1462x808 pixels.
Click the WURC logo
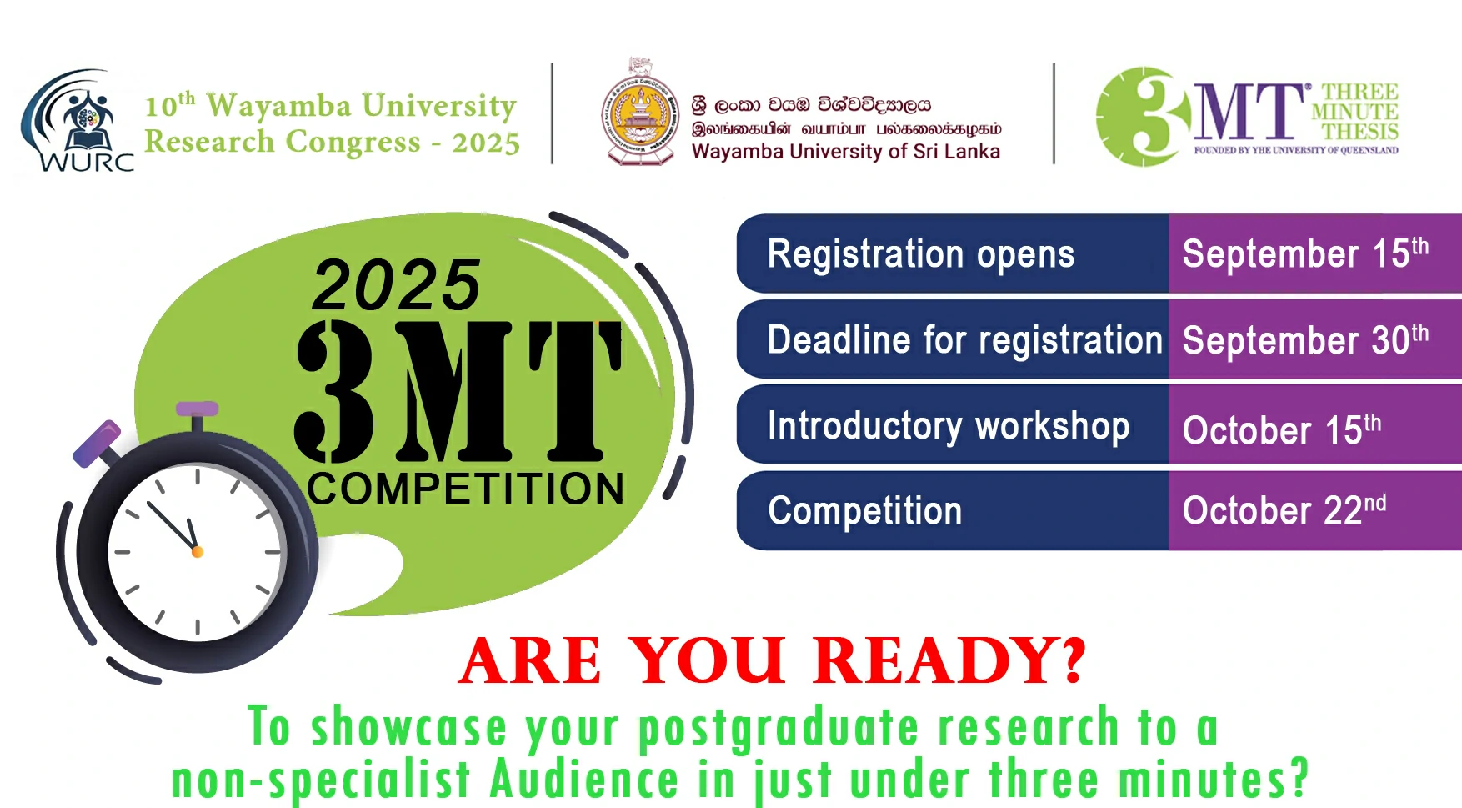point(77,120)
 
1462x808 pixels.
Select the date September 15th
point(1305,253)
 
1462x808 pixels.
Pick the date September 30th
point(1305,340)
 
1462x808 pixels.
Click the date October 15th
point(1282,429)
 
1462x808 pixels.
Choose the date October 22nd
point(1284,509)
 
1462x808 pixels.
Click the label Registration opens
point(921,255)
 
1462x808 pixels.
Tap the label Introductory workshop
point(949,426)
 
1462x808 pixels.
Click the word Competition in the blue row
point(865,511)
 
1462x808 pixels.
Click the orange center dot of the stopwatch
point(198,552)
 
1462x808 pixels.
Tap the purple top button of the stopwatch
point(198,409)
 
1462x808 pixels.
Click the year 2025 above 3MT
point(397,285)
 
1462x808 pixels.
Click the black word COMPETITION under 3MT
point(466,489)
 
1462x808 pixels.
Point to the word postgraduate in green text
point(779,727)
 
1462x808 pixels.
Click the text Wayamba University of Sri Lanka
point(846,151)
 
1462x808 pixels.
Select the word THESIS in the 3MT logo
point(1360,132)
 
